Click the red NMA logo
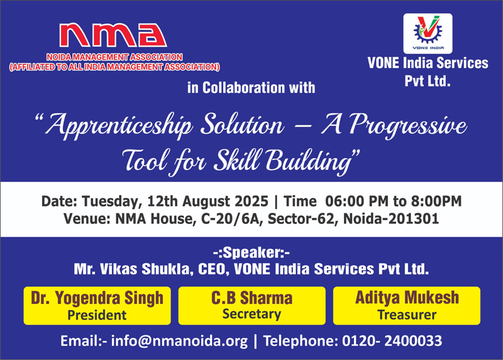tap(113, 35)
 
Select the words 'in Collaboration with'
tap(251, 88)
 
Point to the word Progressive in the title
tap(408, 125)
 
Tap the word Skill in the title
tap(238, 160)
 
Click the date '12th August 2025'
tap(207, 201)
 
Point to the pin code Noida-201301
tap(391, 218)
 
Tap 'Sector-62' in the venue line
tap(303, 218)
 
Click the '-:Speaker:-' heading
tap(251, 253)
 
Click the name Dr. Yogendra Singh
tap(97, 298)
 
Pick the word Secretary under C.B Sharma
tap(252, 314)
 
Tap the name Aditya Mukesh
tap(407, 297)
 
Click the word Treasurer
tap(407, 315)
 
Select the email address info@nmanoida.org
tap(179, 340)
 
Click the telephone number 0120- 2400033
tap(392, 340)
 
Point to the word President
tap(97, 315)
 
